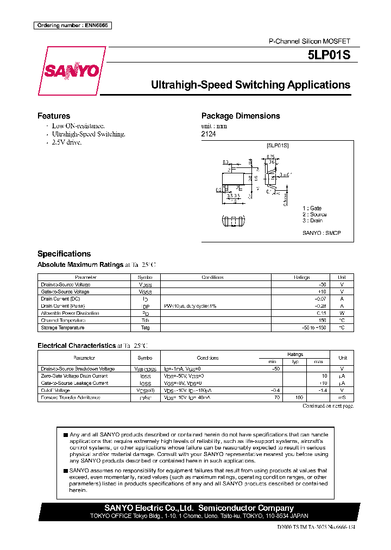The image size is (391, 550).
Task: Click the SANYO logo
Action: (72, 71)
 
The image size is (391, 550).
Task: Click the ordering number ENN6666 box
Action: (72, 26)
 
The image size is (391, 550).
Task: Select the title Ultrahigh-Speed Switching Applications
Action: (250, 85)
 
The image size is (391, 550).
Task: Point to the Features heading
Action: (53, 116)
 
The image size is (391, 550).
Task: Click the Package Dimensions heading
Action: (241, 116)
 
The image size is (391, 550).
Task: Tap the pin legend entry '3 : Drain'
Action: (312, 220)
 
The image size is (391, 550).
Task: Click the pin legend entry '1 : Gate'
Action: (312, 208)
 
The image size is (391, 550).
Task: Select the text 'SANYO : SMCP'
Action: (321, 233)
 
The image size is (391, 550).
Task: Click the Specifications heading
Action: (64, 254)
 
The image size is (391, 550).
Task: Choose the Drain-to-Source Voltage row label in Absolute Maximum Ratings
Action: (66, 284)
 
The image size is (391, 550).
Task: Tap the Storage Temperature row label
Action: (62, 328)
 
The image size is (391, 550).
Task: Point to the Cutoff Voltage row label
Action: (55, 390)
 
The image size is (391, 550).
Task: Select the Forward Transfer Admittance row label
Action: (71, 397)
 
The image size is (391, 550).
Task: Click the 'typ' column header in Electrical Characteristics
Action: (295, 361)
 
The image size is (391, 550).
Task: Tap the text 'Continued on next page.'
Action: (328, 406)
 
